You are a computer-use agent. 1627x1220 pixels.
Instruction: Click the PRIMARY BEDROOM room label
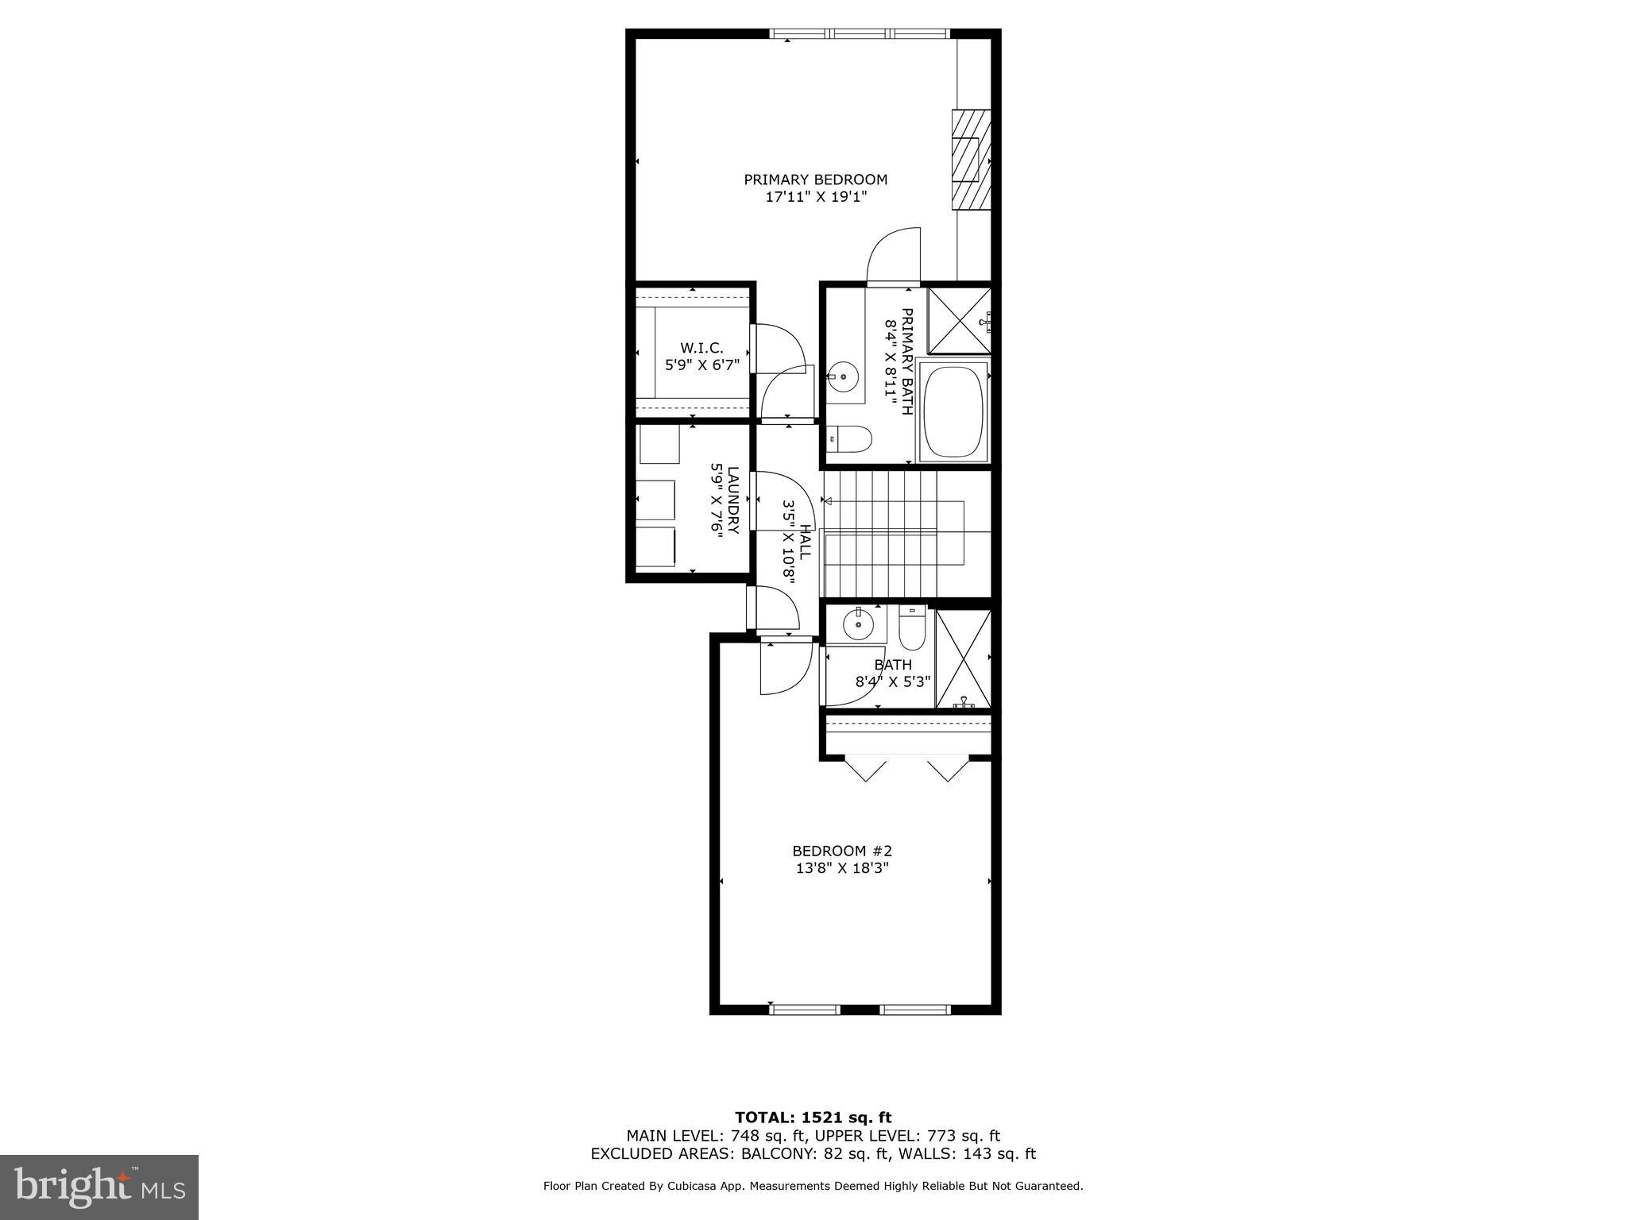click(815, 180)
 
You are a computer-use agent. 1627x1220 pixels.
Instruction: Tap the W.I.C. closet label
click(701, 348)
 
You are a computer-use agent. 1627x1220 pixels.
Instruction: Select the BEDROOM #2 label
click(842, 851)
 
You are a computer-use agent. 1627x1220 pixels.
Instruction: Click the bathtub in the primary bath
click(953, 411)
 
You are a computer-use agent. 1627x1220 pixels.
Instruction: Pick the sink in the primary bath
click(844, 377)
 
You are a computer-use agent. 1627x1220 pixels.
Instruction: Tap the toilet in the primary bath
click(850, 438)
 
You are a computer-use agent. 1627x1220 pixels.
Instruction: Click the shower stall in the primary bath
click(959, 320)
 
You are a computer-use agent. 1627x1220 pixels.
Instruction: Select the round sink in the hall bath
click(859, 624)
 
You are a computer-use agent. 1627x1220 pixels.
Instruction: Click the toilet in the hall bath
click(912, 627)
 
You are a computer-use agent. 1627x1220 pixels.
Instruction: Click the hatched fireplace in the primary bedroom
click(972, 160)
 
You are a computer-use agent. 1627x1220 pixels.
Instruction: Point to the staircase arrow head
click(826, 501)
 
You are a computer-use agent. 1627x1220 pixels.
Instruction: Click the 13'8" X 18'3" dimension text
click(842, 868)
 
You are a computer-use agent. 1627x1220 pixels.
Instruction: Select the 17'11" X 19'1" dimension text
click(815, 197)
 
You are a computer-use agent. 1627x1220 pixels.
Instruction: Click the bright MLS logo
click(99, 1187)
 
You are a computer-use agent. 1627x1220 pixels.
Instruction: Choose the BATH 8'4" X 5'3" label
click(893, 673)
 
